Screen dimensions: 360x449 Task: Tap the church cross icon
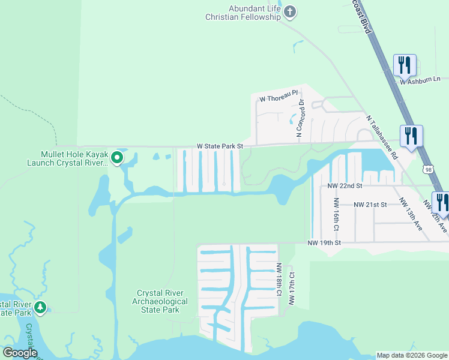[x=290, y=11]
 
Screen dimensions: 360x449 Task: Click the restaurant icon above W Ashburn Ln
[x=405, y=64]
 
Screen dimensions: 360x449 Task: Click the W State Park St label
[x=220, y=146]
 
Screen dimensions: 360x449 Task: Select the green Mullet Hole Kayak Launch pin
[x=117, y=158]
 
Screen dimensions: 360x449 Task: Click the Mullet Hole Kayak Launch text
[x=67, y=158]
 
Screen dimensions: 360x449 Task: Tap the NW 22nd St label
[x=345, y=186]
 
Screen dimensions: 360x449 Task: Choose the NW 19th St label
[x=324, y=243]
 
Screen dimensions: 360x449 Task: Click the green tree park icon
[x=40, y=308]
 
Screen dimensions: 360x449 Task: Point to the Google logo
[x=20, y=353]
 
